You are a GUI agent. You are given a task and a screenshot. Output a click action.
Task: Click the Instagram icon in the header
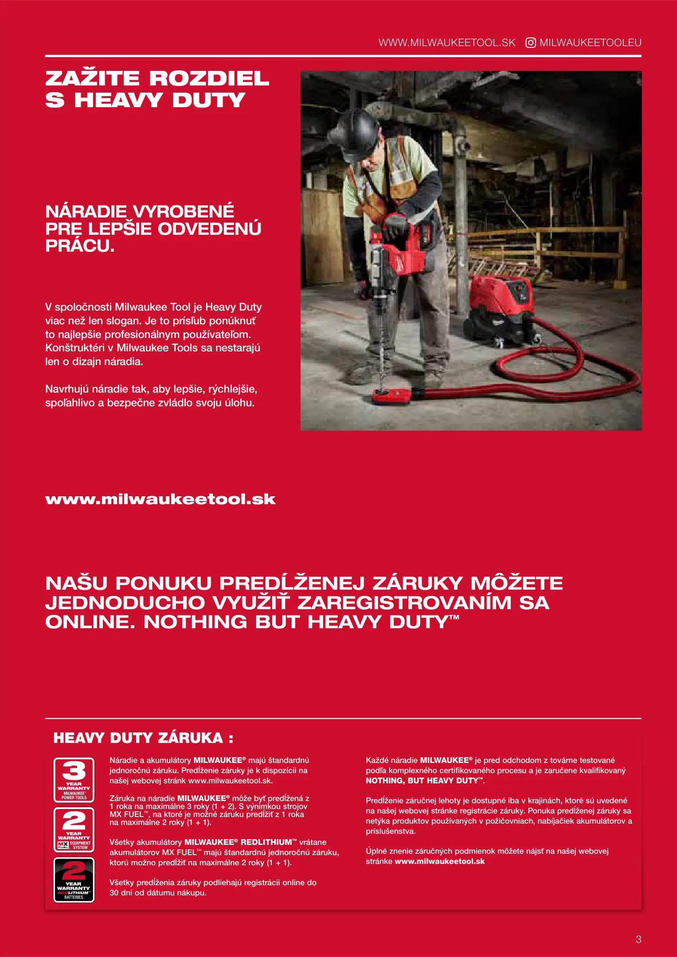[530, 43]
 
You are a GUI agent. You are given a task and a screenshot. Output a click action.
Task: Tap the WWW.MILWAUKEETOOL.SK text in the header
[447, 43]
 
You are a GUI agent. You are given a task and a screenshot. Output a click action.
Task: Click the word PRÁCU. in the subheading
[80, 246]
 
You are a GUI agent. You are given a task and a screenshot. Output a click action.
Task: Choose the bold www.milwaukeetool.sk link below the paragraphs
[160, 499]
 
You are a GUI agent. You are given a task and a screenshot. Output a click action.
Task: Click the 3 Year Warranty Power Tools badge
[74, 780]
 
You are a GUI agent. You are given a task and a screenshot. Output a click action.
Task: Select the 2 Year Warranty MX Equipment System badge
[74, 829]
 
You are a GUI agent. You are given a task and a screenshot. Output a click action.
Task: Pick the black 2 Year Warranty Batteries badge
[74, 879]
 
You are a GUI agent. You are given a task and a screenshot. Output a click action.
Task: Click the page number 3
[638, 939]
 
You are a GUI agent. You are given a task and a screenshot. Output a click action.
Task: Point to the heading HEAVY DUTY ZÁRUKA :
[143, 738]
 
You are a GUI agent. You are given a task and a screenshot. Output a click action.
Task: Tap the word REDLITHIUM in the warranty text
[266, 842]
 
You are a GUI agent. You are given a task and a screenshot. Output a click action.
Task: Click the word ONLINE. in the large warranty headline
[90, 622]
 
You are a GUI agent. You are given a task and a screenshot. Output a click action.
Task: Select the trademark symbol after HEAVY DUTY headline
[454, 617]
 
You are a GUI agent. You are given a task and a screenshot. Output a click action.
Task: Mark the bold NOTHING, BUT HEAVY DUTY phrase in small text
[423, 781]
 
